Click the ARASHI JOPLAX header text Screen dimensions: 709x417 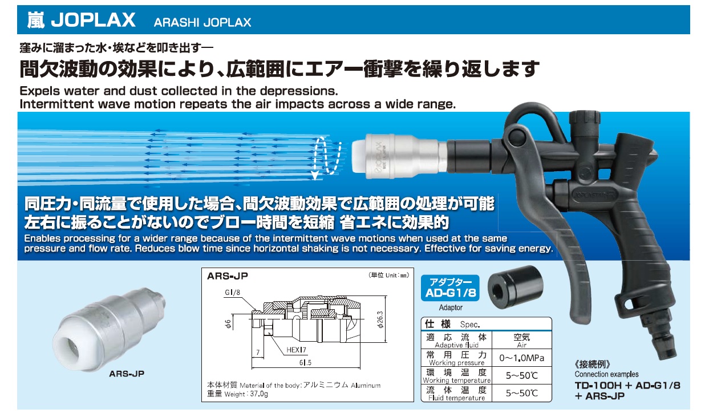point(202,22)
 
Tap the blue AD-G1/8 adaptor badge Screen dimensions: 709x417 point(450,288)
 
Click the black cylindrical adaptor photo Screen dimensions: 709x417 point(516,288)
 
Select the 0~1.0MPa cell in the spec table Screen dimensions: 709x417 point(521,358)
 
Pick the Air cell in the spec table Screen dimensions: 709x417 point(521,341)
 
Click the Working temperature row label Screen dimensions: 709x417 point(456,376)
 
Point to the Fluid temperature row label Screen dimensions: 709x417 point(456,394)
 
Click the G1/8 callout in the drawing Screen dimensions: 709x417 point(232,292)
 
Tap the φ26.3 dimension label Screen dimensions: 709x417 point(381,320)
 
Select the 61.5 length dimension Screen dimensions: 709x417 point(305,363)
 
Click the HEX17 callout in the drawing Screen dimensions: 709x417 point(296,350)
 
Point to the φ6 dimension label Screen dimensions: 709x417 point(228,323)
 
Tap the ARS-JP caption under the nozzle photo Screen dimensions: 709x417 point(127,374)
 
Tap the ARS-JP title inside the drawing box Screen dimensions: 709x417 point(227,276)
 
